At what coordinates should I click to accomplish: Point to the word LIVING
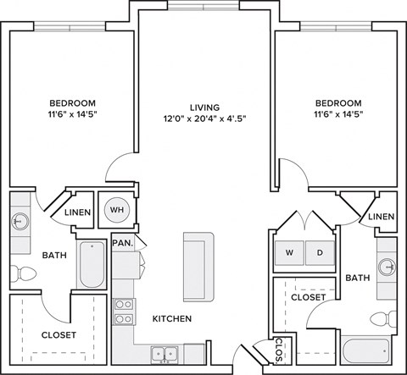coord(204,108)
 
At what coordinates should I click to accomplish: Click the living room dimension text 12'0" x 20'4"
coord(204,120)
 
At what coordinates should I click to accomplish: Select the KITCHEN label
coord(171,319)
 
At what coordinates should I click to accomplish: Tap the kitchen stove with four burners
coord(124,312)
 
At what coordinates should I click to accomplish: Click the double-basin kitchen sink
coord(164,353)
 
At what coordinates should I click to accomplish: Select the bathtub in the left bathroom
coord(91,264)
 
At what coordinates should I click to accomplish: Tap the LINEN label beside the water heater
coord(79,212)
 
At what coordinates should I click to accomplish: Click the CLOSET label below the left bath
coord(59,334)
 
